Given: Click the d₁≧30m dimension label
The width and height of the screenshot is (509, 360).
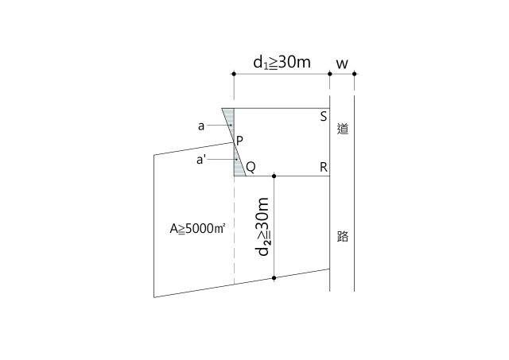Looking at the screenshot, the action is (x=282, y=62).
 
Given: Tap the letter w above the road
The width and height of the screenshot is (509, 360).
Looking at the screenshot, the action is (x=342, y=64).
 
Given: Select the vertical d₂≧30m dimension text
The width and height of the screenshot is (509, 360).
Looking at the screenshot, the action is (x=262, y=226).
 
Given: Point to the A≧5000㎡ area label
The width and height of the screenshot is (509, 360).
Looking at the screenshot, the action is (x=197, y=229).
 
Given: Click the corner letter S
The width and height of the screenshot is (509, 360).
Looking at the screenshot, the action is (x=324, y=117).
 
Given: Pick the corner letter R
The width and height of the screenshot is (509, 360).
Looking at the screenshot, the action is (x=324, y=168).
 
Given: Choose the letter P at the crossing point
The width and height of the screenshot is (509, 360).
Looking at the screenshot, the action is (x=239, y=141).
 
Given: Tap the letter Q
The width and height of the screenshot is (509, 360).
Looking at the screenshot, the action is (x=251, y=168).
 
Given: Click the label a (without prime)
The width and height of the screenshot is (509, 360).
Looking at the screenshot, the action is (x=201, y=126).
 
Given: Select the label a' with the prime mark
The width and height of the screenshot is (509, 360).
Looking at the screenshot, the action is (x=201, y=160).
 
